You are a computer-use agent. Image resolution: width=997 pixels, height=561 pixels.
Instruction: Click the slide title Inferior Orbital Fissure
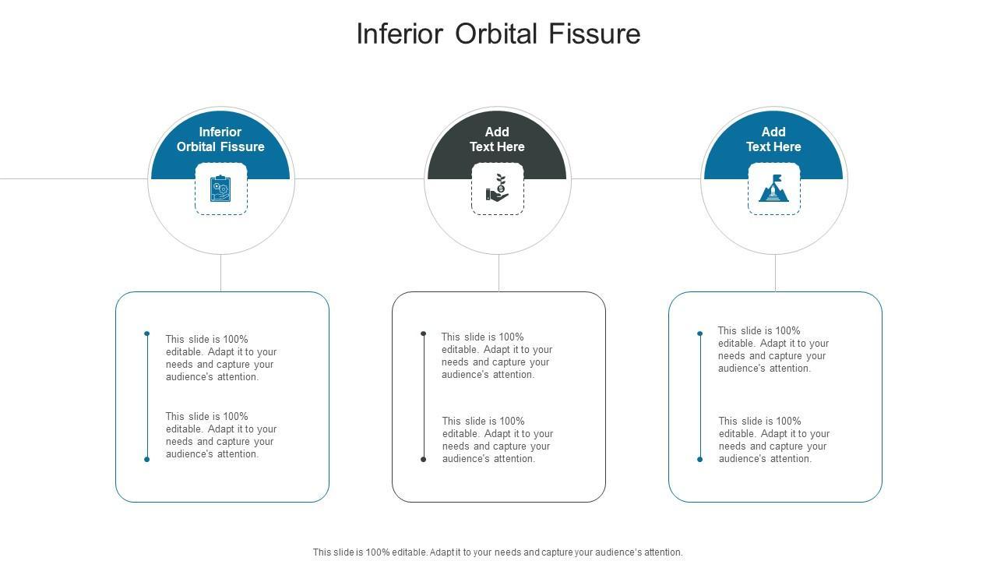click(498, 34)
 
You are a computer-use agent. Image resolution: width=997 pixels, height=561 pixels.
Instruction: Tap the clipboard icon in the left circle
click(220, 189)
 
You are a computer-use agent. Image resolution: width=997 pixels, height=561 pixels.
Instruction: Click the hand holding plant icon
click(497, 189)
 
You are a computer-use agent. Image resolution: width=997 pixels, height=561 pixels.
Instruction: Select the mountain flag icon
click(773, 189)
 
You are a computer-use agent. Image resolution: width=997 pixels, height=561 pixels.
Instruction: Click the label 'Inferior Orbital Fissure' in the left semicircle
click(220, 139)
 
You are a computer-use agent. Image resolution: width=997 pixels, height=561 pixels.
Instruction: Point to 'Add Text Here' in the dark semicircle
click(497, 139)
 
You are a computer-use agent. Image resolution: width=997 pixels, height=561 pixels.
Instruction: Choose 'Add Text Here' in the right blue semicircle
click(773, 139)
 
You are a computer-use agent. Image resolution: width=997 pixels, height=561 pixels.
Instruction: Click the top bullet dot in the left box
click(146, 333)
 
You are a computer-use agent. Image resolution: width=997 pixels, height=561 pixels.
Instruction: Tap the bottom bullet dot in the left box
click(146, 459)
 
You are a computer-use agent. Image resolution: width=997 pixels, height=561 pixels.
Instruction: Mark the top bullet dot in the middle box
click(423, 333)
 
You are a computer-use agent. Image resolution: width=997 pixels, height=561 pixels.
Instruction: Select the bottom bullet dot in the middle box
click(423, 459)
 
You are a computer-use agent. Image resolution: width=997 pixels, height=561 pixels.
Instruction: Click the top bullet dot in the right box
click(699, 333)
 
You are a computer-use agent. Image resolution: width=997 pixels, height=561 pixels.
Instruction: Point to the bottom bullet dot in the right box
click(699, 459)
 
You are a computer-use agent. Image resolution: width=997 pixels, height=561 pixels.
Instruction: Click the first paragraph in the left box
click(221, 358)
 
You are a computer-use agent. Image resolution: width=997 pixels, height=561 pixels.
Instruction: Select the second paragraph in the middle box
click(498, 440)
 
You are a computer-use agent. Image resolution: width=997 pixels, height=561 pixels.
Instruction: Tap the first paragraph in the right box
click(773, 350)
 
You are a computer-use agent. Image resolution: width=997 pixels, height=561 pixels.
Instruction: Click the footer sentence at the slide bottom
click(498, 552)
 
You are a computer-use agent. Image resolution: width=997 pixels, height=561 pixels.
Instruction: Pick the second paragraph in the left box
click(221, 435)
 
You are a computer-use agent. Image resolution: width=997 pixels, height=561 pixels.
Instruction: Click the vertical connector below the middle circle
click(498, 273)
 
